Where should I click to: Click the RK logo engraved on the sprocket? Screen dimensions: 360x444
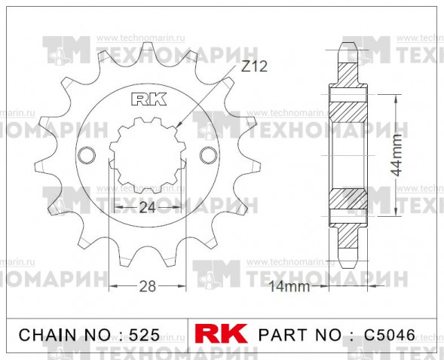pyautogui.click(x=146, y=98)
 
